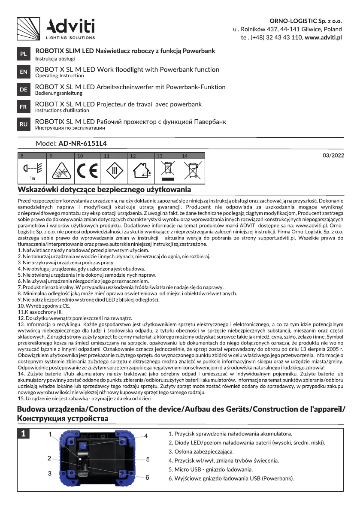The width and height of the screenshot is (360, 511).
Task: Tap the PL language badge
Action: click(23, 54)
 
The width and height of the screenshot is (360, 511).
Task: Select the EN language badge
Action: click(23, 72)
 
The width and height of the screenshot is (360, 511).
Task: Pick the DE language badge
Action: click(23, 90)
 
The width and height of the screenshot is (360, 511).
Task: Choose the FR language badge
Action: click(23, 107)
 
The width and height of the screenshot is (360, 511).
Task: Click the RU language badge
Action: click(23, 124)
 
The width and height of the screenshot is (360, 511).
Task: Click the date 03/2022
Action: click(333, 156)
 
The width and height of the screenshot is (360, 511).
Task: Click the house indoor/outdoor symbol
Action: click(141, 171)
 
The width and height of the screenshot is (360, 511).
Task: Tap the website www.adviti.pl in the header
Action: click(323, 37)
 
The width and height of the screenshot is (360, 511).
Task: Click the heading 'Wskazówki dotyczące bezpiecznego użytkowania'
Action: click(104, 189)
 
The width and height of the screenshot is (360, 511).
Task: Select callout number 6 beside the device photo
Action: click(147, 477)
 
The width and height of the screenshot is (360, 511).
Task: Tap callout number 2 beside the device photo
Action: click(50, 459)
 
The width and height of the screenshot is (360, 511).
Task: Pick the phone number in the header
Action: click(272, 37)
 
